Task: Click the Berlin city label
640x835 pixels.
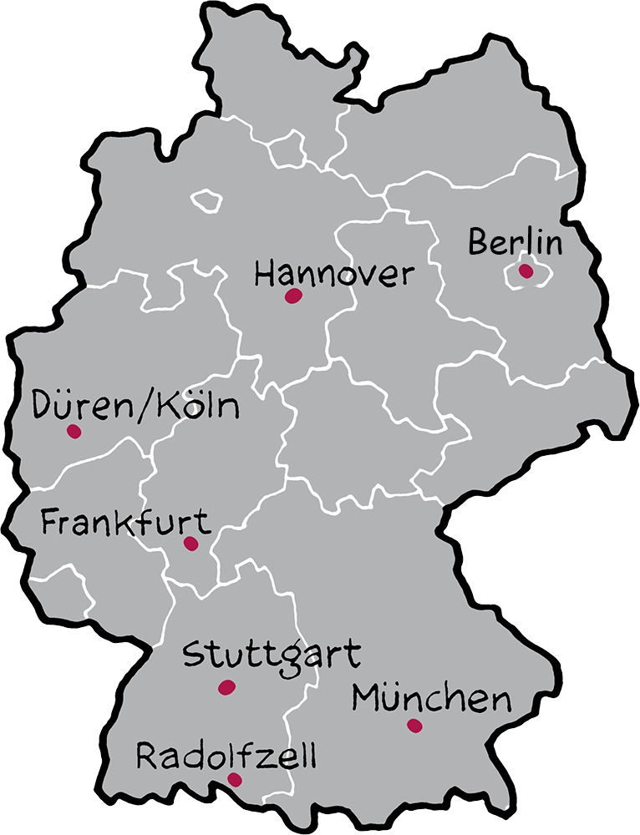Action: [x=513, y=243]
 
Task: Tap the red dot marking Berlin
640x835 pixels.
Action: [x=526, y=271]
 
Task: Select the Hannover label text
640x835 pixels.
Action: [x=334, y=274]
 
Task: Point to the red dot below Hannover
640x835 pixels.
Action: [x=292, y=296]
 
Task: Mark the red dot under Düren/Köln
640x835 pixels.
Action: [x=74, y=432]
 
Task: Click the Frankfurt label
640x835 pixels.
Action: [x=124, y=524]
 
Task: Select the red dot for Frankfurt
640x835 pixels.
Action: [x=190, y=544]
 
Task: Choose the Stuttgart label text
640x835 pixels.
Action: [x=272, y=655]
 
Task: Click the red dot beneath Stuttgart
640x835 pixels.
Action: [x=226, y=687]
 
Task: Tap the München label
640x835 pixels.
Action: [x=430, y=697]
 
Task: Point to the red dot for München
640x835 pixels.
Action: [x=414, y=726]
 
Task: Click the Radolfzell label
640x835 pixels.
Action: [x=226, y=757]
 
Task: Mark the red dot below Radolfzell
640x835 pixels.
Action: [x=235, y=780]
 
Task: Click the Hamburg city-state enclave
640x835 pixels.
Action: [x=287, y=149]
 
